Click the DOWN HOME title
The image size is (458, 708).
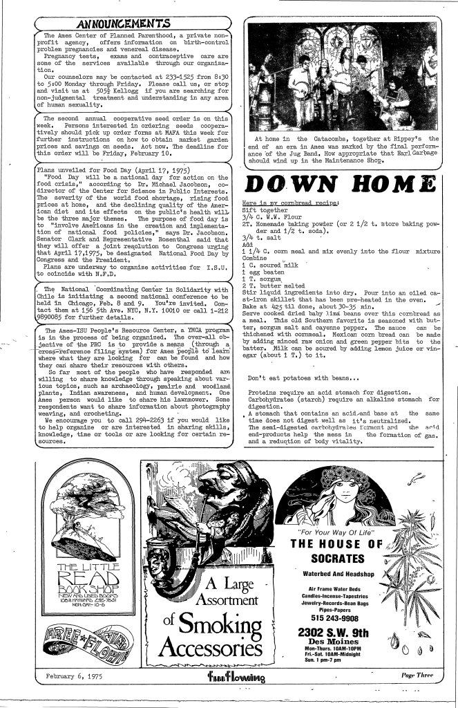(x=343, y=186)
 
